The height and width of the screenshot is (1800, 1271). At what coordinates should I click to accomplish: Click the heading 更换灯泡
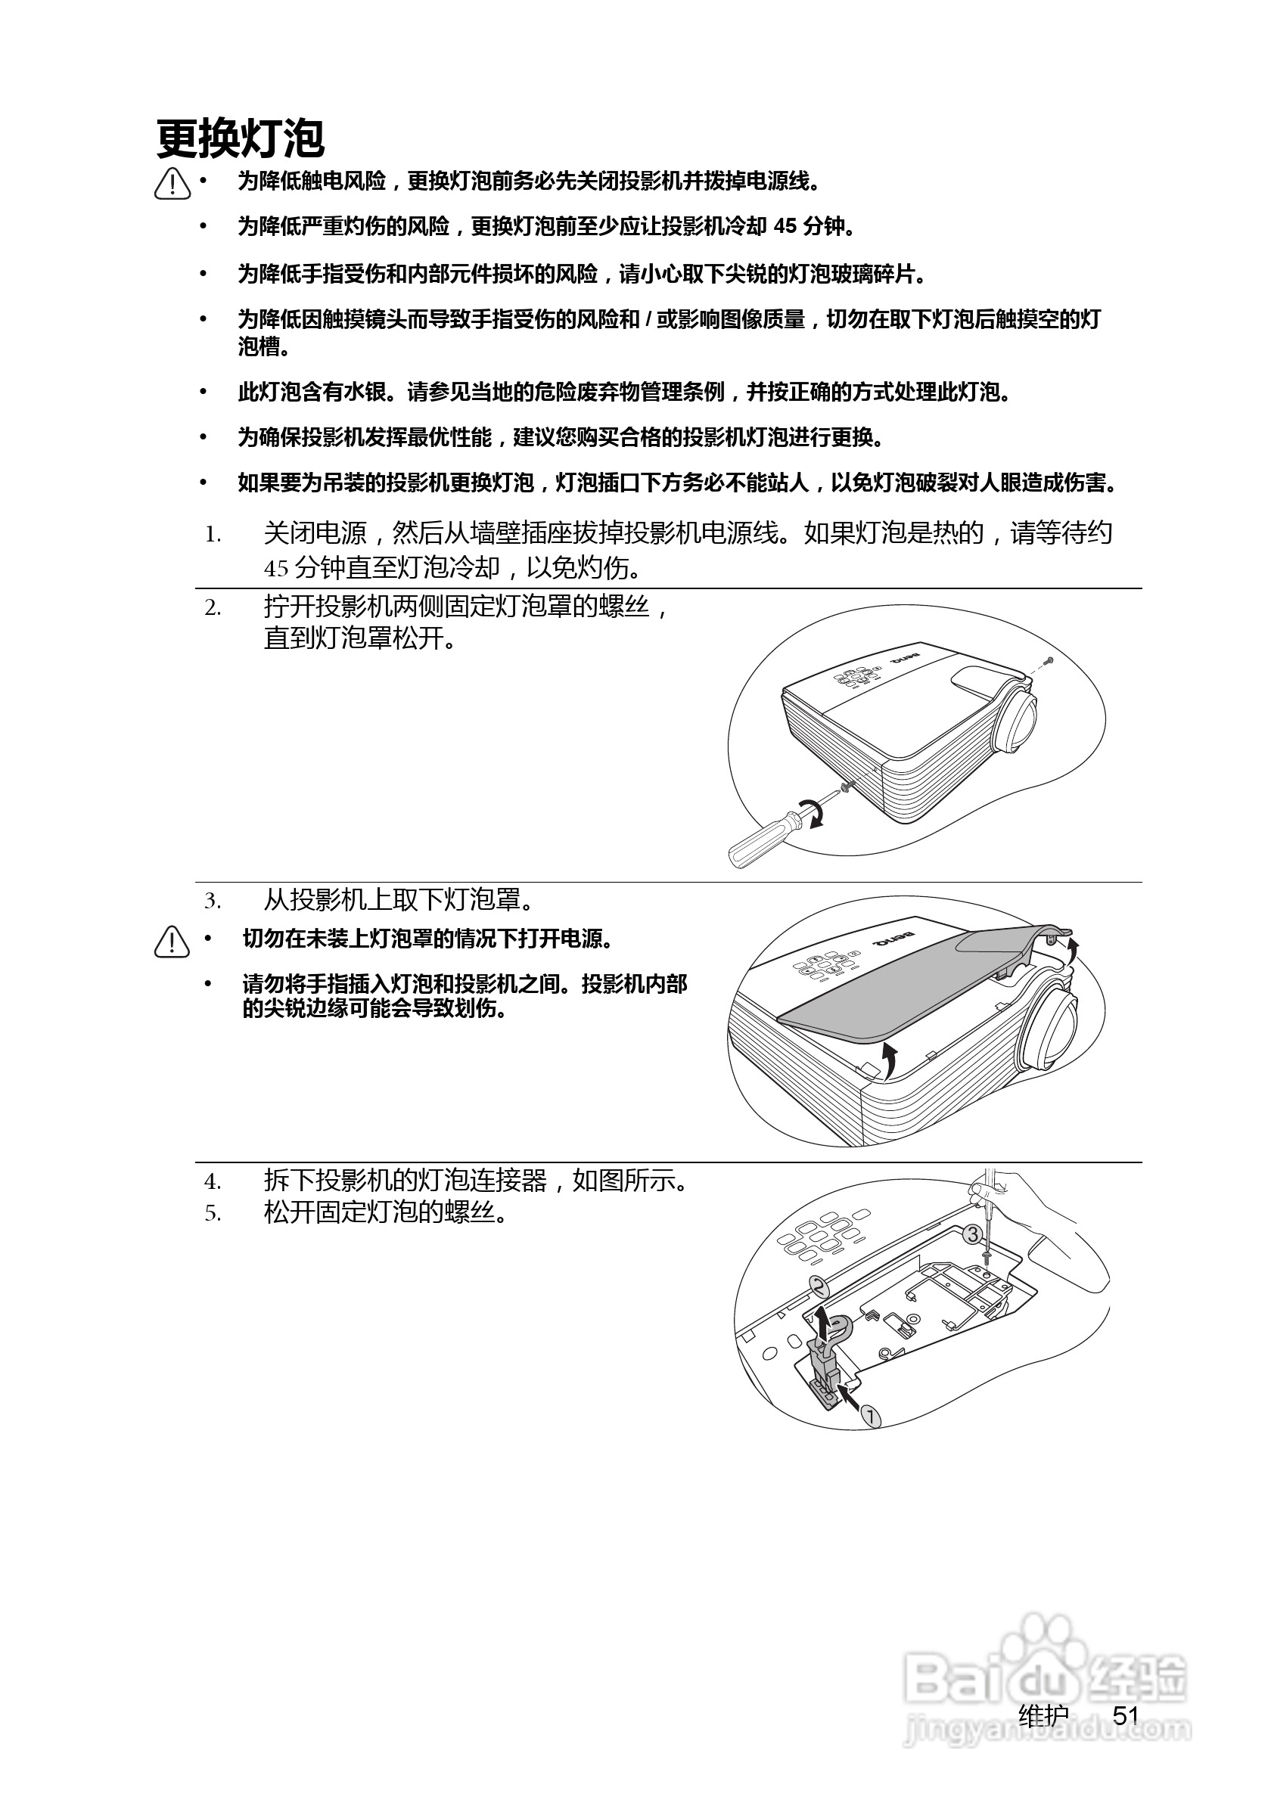(240, 140)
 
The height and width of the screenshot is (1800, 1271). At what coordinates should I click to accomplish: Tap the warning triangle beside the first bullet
(172, 185)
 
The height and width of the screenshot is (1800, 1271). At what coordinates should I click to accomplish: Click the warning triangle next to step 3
(172, 942)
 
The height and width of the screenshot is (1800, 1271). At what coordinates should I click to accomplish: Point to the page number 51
(1126, 1716)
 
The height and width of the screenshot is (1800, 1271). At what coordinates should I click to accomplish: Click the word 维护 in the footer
(1043, 1716)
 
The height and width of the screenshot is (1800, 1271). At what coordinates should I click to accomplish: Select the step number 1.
(213, 535)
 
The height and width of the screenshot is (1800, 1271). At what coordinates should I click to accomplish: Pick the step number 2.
(213, 607)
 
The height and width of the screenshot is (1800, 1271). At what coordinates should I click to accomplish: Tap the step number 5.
(213, 1215)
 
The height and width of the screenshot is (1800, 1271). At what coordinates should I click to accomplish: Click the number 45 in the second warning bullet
(785, 228)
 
